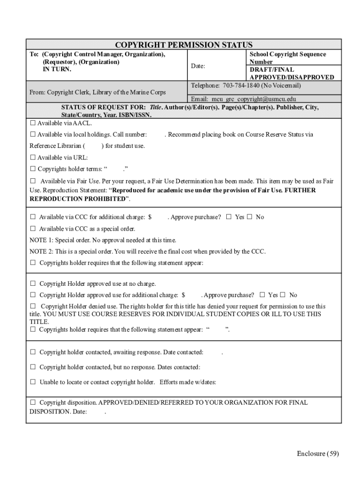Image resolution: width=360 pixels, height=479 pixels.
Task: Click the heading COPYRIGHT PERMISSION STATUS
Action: [184, 45]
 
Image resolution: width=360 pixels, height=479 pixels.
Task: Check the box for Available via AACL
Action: [33, 123]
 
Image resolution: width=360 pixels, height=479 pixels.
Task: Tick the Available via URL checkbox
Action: [33, 158]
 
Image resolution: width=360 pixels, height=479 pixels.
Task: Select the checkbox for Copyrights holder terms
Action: [33, 169]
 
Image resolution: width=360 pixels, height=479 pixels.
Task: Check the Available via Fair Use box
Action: [33, 181]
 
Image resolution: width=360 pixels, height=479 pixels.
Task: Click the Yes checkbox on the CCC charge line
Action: [229, 217]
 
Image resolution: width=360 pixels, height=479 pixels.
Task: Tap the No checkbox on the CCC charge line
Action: [250, 217]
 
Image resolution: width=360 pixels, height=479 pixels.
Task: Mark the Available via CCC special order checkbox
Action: [33, 229]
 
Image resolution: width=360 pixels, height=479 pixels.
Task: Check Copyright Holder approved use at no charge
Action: [33, 284]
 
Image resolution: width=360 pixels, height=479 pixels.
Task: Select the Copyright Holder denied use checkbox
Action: [33, 306]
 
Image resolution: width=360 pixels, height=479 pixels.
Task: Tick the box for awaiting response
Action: [33, 352]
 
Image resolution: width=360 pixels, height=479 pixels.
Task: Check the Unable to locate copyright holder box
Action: [33, 382]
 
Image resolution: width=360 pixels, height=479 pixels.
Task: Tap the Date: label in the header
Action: [198, 66]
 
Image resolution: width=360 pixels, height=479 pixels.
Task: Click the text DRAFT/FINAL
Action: [272, 70]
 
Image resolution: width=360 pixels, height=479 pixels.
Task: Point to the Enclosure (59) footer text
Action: [317, 453]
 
